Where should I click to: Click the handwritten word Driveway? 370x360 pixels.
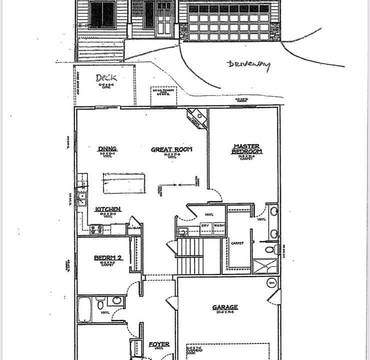(248, 65)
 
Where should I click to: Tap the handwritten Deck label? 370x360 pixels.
(106, 78)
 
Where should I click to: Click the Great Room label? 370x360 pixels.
(172, 149)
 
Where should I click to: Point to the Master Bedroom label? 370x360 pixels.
(247, 149)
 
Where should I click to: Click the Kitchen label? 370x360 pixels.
(108, 209)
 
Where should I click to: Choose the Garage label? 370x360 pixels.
(224, 307)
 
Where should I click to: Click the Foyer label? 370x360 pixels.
(159, 344)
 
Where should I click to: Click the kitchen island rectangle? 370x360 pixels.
(124, 183)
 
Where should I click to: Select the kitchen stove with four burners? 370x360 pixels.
(96, 229)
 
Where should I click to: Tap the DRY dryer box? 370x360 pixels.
(205, 226)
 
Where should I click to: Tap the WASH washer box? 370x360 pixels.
(219, 226)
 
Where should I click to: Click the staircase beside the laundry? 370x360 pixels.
(198, 255)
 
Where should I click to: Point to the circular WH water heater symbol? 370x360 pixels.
(271, 282)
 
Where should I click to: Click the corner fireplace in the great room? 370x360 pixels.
(197, 118)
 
